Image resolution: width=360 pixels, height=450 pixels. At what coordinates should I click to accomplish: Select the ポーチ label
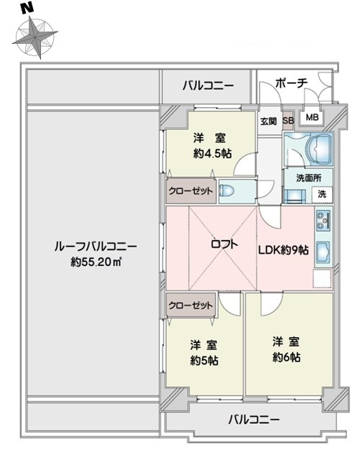(x=292, y=84)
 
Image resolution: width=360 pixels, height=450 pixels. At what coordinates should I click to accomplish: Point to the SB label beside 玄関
(x=288, y=121)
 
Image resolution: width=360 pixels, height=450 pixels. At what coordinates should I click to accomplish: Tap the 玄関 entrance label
(x=268, y=121)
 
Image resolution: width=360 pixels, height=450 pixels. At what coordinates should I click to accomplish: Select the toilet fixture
(x=228, y=191)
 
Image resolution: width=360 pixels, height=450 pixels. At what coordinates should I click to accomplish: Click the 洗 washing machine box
(x=321, y=194)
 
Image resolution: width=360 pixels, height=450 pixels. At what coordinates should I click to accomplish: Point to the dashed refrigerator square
(x=322, y=277)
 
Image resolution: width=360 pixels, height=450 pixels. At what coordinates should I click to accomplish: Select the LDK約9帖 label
(x=283, y=249)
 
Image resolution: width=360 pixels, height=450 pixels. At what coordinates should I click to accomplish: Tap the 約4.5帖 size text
(x=211, y=153)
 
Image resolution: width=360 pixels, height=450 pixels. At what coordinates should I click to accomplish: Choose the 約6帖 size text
(x=286, y=357)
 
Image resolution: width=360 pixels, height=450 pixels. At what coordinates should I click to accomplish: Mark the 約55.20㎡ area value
(x=96, y=262)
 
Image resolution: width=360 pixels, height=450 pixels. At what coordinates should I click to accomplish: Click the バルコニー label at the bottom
(x=254, y=420)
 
